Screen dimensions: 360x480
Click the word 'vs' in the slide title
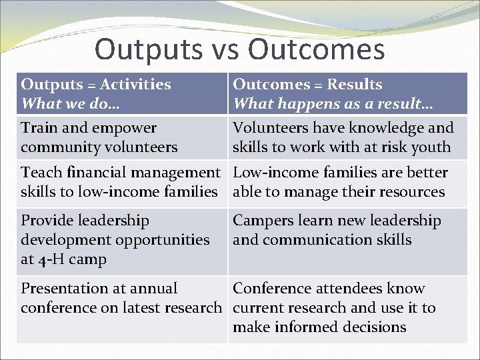[x=225, y=50]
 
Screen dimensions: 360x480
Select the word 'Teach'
[x=41, y=173]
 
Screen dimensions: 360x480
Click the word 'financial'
[x=93, y=173]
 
